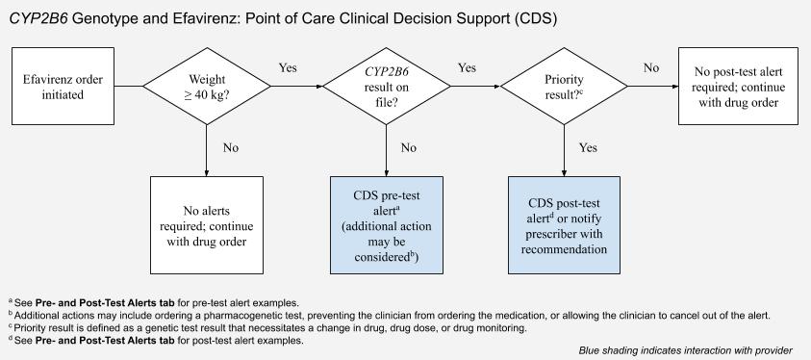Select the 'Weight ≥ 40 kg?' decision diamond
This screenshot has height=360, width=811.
tap(207, 87)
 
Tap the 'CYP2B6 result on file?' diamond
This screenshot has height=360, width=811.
tap(386, 87)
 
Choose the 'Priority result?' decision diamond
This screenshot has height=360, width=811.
tap(563, 87)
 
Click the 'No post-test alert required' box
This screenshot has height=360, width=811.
tap(737, 87)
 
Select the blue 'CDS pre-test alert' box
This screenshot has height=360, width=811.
tap(386, 220)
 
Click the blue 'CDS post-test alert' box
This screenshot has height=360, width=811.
tap(564, 220)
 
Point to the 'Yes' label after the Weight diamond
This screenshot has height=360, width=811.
tap(288, 68)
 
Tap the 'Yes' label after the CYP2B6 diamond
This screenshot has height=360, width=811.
tap(467, 68)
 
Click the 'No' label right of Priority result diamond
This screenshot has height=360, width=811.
tap(651, 68)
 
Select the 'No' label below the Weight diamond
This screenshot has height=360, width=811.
tap(231, 148)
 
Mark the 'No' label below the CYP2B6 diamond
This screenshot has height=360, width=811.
tap(409, 148)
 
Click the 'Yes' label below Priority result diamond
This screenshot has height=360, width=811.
tap(589, 148)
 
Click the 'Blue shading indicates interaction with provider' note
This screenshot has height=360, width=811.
tap(686, 349)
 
